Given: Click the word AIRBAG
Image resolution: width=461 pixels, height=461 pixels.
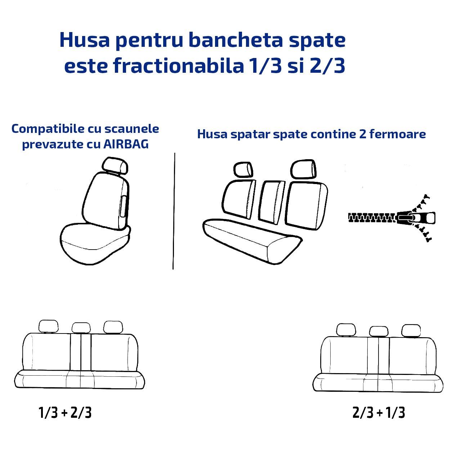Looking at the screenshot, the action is click(x=126, y=144).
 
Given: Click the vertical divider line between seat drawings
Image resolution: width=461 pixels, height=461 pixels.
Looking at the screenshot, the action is click(x=174, y=211).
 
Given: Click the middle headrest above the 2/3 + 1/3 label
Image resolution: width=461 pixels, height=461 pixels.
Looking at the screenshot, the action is click(x=379, y=331).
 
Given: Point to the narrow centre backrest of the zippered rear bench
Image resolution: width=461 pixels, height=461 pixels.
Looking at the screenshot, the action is click(x=272, y=202).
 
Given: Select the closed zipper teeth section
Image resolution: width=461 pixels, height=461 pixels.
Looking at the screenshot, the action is click(x=372, y=218).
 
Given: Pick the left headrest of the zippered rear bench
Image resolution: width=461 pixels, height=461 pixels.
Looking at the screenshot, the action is click(x=243, y=170).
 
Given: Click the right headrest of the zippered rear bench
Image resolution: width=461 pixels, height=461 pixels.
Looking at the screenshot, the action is click(x=303, y=169).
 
